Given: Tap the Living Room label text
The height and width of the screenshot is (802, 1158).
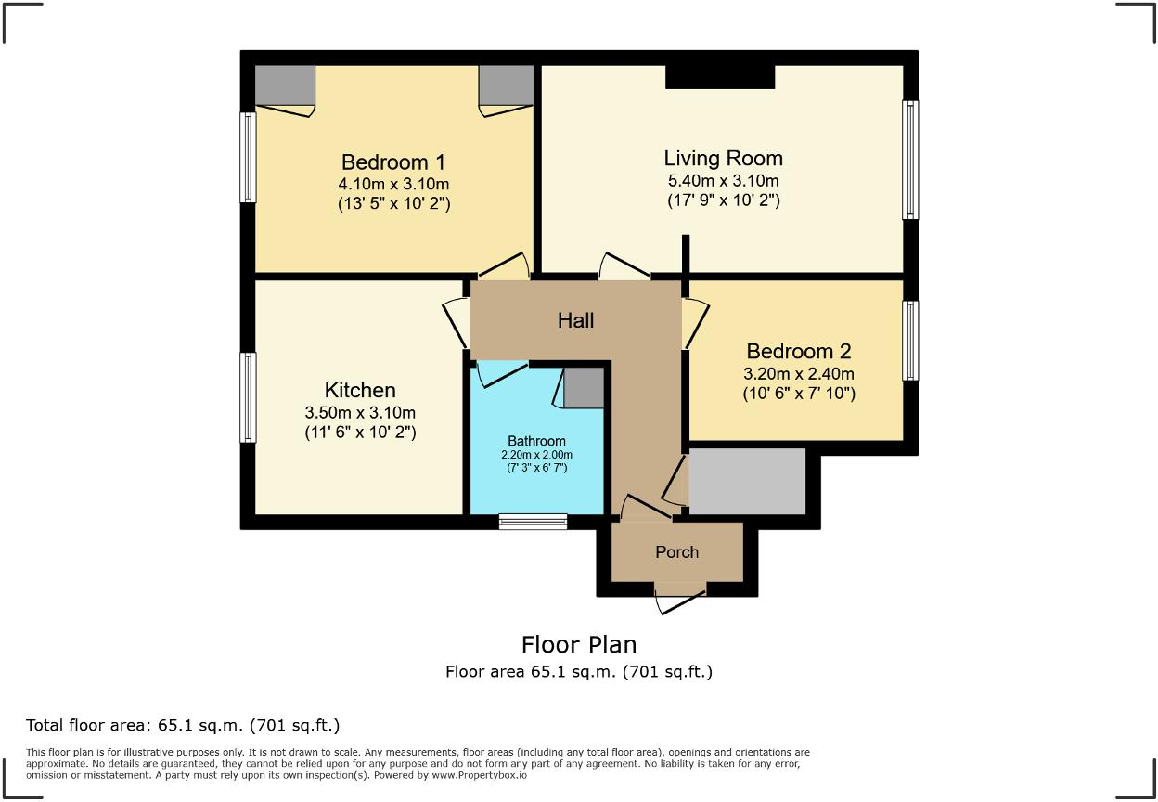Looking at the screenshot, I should point(723,158).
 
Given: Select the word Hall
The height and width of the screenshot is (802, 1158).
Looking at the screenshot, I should point(575,320).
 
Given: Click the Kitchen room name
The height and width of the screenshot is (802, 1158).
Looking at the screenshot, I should point(360,390).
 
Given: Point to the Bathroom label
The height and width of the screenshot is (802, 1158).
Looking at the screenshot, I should point(536,441).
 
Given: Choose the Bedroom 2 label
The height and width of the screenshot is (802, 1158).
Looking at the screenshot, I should point(798,351).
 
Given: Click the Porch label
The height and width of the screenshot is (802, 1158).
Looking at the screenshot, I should point(676,552).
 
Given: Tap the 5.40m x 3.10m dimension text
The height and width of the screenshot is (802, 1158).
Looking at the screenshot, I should point(723,181).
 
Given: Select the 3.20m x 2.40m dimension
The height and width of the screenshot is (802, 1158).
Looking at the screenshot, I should point(798,374).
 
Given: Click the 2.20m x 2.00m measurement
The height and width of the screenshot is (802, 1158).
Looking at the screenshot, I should point(536,455).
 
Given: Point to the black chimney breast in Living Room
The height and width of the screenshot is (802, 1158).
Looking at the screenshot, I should point(720,77).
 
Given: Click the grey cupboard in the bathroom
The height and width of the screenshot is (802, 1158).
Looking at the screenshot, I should point(584,388).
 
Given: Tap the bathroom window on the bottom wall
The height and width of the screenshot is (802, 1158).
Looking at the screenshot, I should point(533,522).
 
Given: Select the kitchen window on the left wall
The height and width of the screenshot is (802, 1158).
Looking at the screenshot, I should point(248,397).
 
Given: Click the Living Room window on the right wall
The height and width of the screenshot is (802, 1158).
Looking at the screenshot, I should point(910,160).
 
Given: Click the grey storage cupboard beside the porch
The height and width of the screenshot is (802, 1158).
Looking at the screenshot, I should point(747,481).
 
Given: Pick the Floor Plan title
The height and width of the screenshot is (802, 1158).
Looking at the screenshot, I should point(579,644).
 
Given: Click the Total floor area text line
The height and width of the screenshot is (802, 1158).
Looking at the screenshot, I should point(183,725).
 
